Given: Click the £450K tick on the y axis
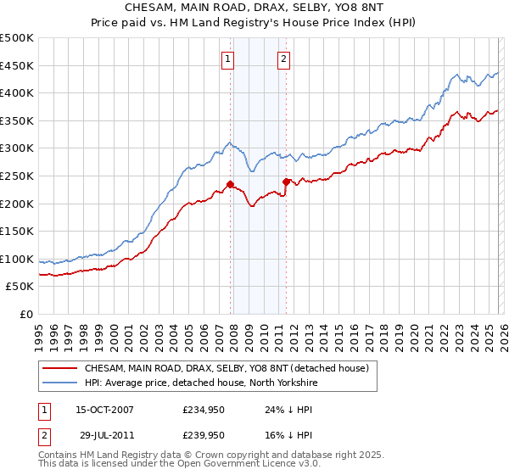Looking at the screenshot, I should click(17, 65).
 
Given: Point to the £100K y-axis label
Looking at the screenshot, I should click(17, 259).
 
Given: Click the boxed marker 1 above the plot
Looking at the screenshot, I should click(229, 59).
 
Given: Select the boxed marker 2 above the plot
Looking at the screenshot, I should click(283, 59).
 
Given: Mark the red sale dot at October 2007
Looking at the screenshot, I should click(230, 184).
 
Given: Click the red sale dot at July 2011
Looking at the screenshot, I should click(286, 181).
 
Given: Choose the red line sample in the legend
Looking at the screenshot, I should click(60, 369).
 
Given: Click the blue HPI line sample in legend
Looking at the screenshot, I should click(60, 383).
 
